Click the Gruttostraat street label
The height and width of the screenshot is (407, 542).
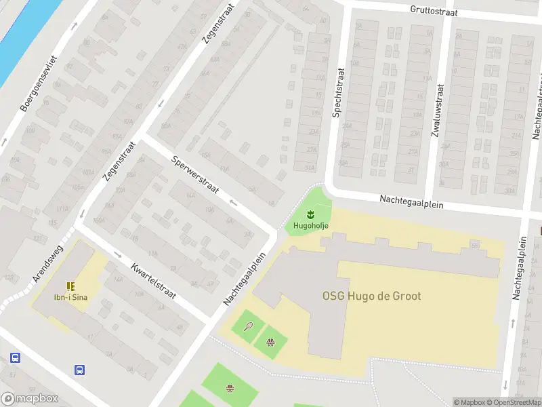pyautogui.click(x=434, y=11)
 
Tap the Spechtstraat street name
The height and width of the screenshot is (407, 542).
pyautogui.click(x=336, y=94)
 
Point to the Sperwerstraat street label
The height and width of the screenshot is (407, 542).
pyautogui.click(x=195, y=175)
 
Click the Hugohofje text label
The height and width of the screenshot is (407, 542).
pyautogui.click(x=311, y=226)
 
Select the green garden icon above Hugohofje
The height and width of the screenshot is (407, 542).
pyautogui.click(x=311, y=215)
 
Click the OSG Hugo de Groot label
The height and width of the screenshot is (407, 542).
pyautogui.click(x=371, y=296)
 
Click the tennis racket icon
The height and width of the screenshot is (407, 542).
pyautogui.click(x=249, y=326)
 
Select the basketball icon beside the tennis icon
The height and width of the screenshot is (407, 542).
pyautogui.click(x=270, y=343)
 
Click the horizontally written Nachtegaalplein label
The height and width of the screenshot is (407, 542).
pyautogui.click(x=411, y=201)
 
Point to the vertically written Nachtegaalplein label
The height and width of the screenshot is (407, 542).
pyautogui.click(x=520, y=268)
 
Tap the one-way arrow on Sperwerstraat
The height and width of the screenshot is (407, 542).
pyautogui.click(x=234, y=202)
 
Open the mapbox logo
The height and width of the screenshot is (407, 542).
pyautogui.click(x=30, y=399)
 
